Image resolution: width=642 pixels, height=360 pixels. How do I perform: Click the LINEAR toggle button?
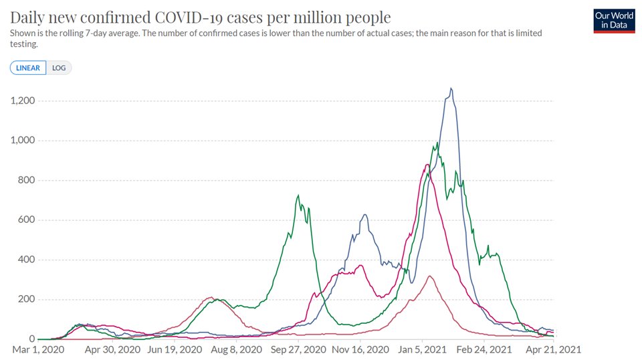[28, 68]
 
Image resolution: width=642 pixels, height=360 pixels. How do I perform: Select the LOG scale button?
[59, 68]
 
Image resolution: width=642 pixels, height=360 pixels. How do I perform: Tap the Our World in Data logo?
[613, 21]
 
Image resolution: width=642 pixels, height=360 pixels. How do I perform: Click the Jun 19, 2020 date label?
[173, 349]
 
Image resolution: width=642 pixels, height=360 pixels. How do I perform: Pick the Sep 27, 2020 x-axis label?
[299, 349]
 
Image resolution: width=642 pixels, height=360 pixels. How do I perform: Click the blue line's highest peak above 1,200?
[451, 88]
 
